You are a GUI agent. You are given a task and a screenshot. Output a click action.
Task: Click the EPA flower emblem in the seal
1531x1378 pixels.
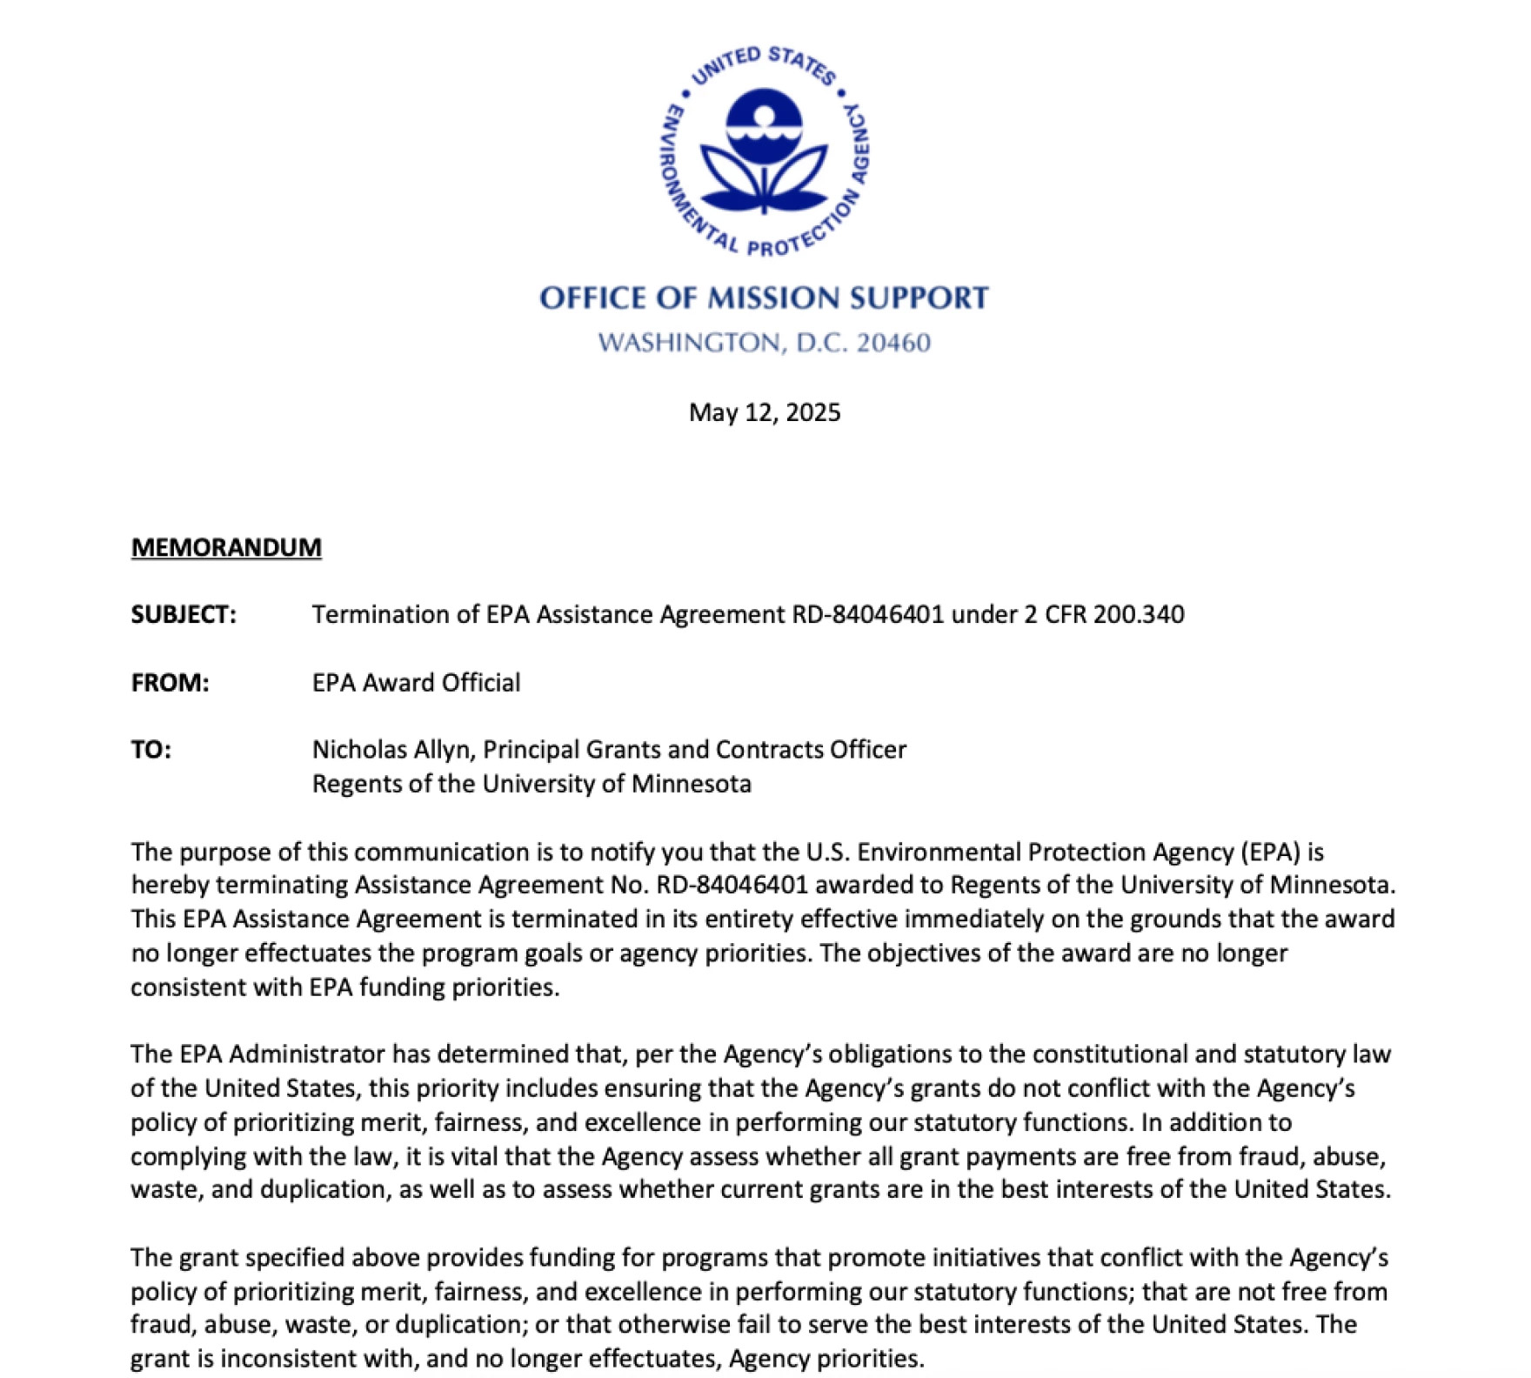pyautogui.click(x=764, y=153)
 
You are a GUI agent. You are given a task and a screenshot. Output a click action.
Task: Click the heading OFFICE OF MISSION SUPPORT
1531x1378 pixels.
pyautogui.click(x=764, y=298)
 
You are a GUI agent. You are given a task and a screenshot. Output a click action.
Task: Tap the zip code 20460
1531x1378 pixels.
pyautogui.click(x=893, y=343)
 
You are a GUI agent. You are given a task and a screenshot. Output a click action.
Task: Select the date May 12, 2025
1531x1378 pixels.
pyautogui.click(x=765, y=412)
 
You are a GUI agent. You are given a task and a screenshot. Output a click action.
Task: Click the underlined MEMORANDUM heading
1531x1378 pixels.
pyautogui.click(x=226, y=547)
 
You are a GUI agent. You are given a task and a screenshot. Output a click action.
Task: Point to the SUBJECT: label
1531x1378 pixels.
pyautogui.click(x=184, y=615)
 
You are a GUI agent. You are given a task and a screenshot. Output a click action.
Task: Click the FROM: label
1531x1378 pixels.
pyautogui.click(x=170, y=683)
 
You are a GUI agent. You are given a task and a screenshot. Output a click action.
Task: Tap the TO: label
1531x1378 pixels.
pyautogui.click(x=151, y=750)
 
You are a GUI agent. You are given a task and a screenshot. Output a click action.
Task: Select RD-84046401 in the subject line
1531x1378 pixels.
pyautogui.click(x=867, y=615)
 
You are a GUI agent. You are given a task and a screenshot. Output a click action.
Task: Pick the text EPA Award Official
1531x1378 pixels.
pyautogui.click(x=416, y=683)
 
